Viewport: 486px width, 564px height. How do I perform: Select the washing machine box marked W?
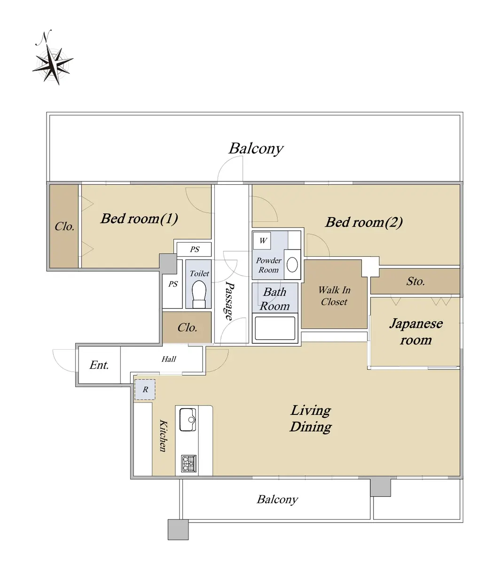pyautogui.click(x=263, y=241)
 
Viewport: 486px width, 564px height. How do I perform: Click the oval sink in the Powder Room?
pyautogui.click(x=292, y=265)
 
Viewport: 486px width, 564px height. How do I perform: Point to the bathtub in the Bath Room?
pyautogui.click(x=275, y=329)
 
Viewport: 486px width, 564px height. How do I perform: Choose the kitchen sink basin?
pyautogui.click(x=188, y=419)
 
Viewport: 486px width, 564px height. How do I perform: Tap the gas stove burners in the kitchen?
pyautogui.click(x=188, y=463)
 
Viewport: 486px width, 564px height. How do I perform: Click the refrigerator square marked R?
pyautogui.click(x=145, y=390)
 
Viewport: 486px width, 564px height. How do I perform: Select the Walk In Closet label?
pyautogui.click(x=334, y=296)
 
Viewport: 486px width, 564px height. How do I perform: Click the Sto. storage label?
pyautogui.click(x=415, y=282)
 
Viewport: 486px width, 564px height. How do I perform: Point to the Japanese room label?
pyautogui.click(x=415, y=331)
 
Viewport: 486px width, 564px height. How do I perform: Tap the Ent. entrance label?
pyautogui.click(x=99, y=365)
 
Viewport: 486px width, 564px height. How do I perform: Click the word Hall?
pyautogui.click(x=169, y=359)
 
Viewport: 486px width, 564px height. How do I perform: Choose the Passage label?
pyautogui.click(x=229, y=301)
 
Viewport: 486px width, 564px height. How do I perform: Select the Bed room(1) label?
pyautogui.click(x=139, y=219)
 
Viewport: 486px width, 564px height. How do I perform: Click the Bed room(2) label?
pyautogui.click(x=364, y=222)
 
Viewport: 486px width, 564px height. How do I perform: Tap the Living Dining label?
pyautogui.click(x=311, y=418)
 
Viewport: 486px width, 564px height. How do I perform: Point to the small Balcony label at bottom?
pyautogui.click(x=277, y=499)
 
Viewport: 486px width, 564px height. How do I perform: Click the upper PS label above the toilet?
pyautogui.click(x=194, y=250)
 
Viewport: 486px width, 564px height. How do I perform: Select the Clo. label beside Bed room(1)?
pyautogui.click(x=64, y=227)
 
